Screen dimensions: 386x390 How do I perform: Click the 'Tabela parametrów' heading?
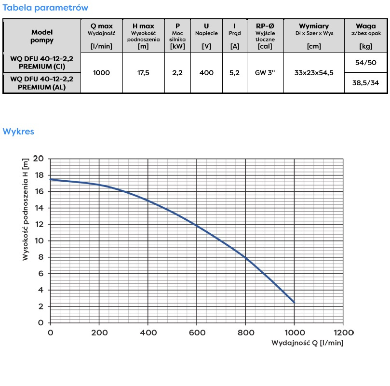pyautogui.click(x=46, y=8)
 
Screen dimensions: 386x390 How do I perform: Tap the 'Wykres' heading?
pyautogui.click(x=18, y=132)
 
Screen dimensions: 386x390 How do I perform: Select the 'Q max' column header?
pyautogui.click(x=101, y=26)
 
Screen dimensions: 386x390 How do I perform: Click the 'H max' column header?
pyautogui.click(x=143, y=26)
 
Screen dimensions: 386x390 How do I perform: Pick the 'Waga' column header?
pyautogui.click(x=365, y=26)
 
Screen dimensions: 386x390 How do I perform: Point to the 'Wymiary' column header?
pyautogui.click(x=314, y=26)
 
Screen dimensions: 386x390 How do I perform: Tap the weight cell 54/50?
pyautogui.click(x=365, y=63)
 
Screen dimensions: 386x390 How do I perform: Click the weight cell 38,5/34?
pyautogui.click(x=365, y=83)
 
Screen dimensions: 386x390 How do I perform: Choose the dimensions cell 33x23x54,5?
pyautogui.click(x=314, y=73)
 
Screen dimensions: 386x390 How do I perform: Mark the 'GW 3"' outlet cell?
pyautogui.click(x=265, y=73)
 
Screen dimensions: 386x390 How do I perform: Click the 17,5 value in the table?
pyautogui.click(x=143, y=73)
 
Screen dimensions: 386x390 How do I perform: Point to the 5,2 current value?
pyautogui.click(x=234, y=73)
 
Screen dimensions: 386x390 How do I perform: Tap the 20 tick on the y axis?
pyautogui.click(x=40, y=159)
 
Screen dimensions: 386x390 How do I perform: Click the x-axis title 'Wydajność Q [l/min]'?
pyautogui.click(x=308, y=343)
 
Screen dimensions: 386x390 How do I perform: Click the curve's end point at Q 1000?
pyautogui.click(x=294, y=302)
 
